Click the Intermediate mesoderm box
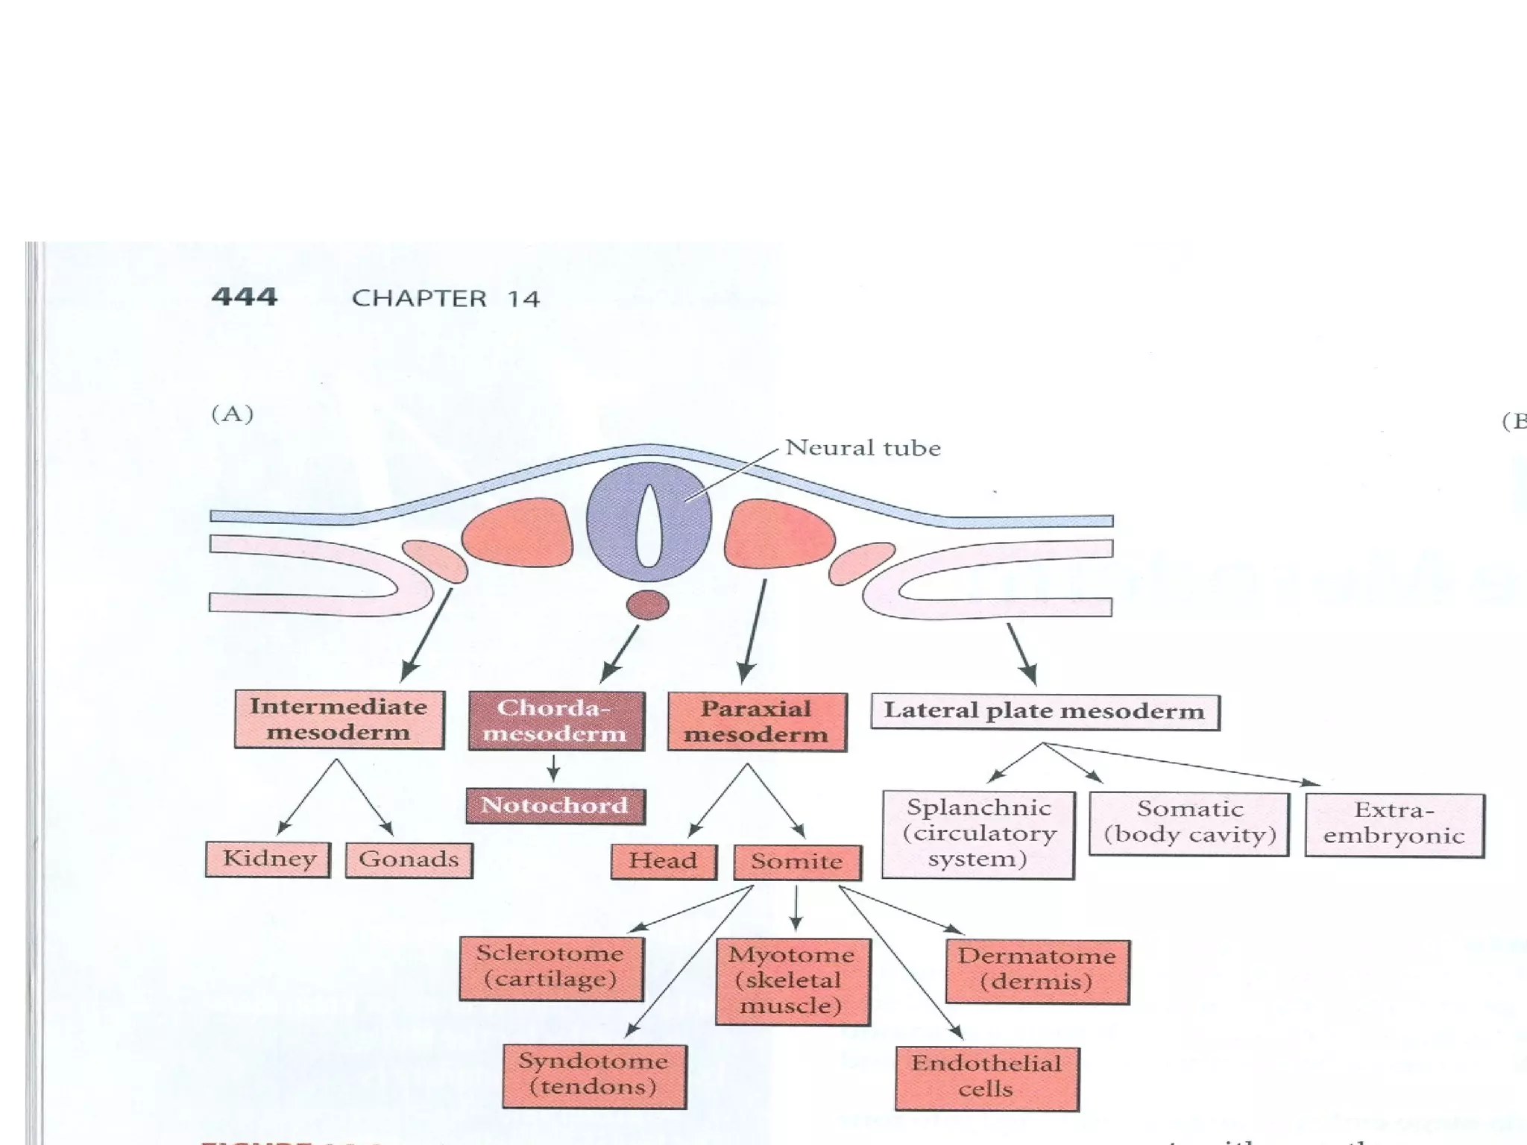click(x=339, y=719)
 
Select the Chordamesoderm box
click(x=556, y=721)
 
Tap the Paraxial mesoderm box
click(x=757, y=722)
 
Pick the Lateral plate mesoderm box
click(x=1045, y=711)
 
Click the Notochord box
click(x=555, y=806)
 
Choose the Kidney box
click(x=268, y=859)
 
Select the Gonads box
click(x=409, y=859)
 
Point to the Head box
click(x=664, y=861)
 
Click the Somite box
click(x=797, y=862)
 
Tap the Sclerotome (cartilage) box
click(x=551, y=967)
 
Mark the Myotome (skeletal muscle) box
click(x=793, y=981)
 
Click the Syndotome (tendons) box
click(x=594, y=1075)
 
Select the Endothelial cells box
click(x=987, y=1077)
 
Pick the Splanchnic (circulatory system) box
click(x=978, y=834)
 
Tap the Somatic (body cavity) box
click(x=1189, y=822)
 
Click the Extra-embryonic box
click(x=1394, y=824)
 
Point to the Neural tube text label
click(x=863, y=448)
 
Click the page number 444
click(x=245, y=297)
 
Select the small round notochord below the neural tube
click(x=648, y=605)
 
